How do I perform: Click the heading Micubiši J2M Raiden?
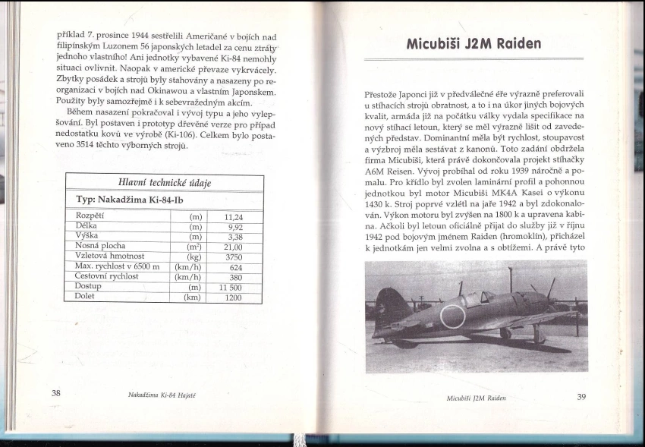[474, 43]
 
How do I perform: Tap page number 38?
[55, 394]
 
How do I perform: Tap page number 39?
[582, 395]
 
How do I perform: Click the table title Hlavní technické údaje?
[164, 183]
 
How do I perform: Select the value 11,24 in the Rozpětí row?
[234, 216]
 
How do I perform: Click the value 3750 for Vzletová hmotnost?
[234, 257]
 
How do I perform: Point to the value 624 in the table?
[235, 266]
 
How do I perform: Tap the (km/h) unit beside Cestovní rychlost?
[187, 277]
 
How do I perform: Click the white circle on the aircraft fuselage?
[453, 316]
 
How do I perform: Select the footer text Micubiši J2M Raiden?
[476, 397]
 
